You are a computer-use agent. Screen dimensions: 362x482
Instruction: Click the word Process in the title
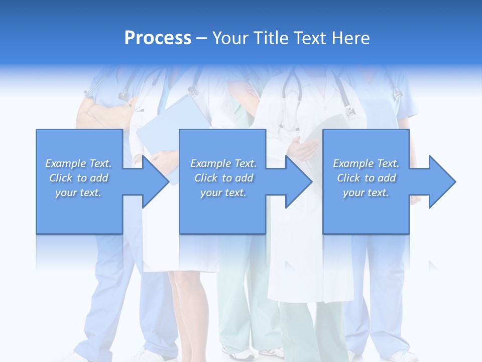pos(158,38)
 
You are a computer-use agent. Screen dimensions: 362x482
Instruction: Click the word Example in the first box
pos(65,163)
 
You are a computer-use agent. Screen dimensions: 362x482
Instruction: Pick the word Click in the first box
pos(62,178)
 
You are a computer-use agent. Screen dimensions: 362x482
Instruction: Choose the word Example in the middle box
pos(210,163)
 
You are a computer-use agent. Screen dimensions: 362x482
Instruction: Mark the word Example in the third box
pos(353,163)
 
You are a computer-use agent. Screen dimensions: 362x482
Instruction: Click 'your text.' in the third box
pos(366,193)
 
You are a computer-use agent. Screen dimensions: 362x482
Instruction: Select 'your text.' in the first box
pos(78,193)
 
